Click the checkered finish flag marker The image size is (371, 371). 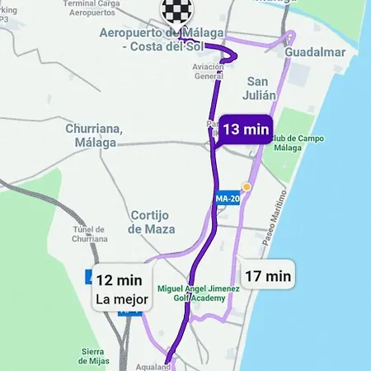coord(173,11)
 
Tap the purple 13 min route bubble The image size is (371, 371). coord(246,129)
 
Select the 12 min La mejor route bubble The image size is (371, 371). coord(121,289)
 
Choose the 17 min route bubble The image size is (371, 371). coord(268,275)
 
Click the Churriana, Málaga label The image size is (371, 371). coord(94,135)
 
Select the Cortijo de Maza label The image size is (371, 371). coord(149,221)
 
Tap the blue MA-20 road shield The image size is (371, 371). coord(227,199)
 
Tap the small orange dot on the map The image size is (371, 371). coord(246,186)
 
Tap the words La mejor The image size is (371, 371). coord(121,299)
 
